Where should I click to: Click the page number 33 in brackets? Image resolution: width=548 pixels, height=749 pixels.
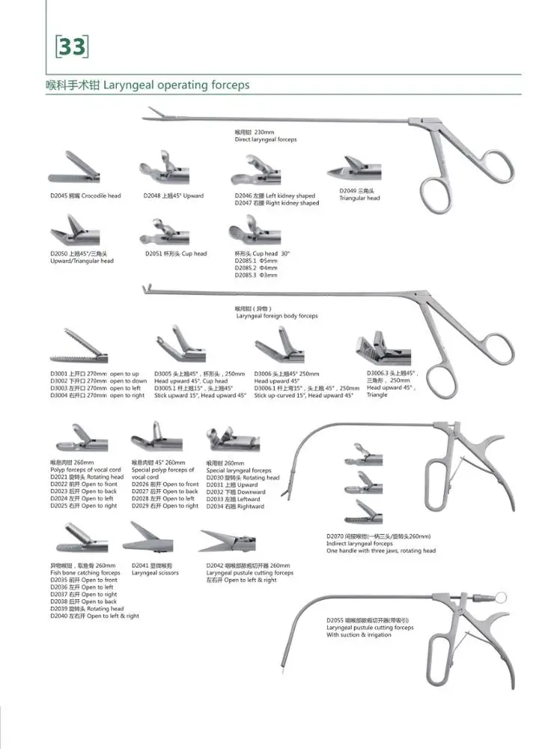[x=72, y=47]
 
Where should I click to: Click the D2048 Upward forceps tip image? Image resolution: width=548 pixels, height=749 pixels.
[x=162, y=168]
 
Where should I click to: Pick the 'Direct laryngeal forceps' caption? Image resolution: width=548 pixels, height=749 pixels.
[x=265, y=139]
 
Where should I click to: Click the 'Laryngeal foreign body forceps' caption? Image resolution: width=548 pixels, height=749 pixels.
[x=277, y=316]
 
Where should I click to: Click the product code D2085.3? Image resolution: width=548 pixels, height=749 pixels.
[x=247, y=275]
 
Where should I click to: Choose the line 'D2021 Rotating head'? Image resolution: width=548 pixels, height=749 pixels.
[x=87, y=476]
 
